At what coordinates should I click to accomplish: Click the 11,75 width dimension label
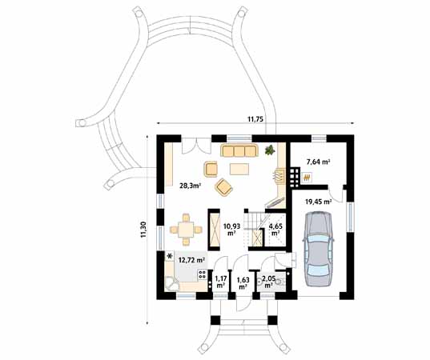click(255, 119)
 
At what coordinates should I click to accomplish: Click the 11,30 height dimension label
click(143, 230)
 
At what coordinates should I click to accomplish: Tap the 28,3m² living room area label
click(191, 186)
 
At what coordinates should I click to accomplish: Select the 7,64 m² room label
click(318, 162)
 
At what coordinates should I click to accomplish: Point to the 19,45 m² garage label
click(319, 202)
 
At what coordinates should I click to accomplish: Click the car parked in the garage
click(318, 249)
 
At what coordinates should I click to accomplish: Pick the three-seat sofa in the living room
click(239, 150)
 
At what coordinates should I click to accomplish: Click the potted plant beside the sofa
click(270, 150)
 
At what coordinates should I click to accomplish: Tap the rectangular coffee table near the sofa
click(239, 169)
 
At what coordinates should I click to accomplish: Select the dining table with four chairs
click(186, 230)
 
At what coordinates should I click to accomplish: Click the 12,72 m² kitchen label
click(192, 260)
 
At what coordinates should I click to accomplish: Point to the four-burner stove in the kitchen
click(203, 274)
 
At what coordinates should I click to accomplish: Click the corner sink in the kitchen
click(171, 284)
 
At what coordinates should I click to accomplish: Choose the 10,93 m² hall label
click(232, 230)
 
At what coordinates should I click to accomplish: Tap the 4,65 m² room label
click(275, 230)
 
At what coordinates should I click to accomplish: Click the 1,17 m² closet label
click(220, 282)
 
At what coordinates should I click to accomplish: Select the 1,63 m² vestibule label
click(243, 283)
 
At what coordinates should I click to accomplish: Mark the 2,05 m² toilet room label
click(268, 282)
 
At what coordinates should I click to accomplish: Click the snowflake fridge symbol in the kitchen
click(170, 257)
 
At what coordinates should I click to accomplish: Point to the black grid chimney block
click(294, 178)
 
